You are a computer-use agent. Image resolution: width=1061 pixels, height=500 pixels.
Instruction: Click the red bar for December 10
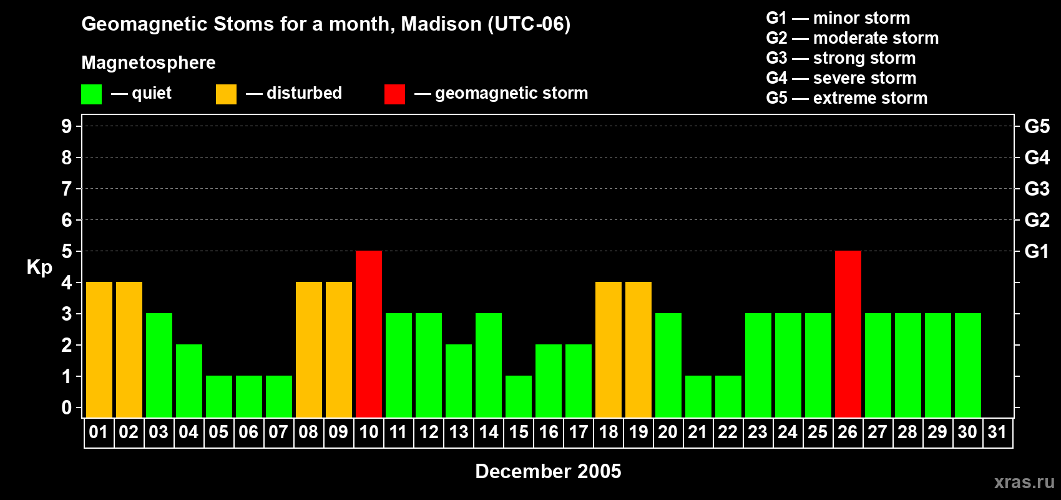pos(368,334)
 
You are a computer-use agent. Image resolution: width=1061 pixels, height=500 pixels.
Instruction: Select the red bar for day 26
pos(848,334)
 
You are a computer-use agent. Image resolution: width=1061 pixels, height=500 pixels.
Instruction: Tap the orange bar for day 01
pos(99,349)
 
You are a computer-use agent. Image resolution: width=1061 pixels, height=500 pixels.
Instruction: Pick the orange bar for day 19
pos(638,349)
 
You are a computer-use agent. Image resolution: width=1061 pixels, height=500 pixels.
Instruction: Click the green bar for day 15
pos(518,397)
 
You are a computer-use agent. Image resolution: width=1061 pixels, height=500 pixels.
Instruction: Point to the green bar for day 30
pos(967,365)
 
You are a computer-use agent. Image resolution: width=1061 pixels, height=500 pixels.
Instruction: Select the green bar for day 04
pos(189,381)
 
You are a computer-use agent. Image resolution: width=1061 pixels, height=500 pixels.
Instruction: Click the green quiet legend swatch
pos(91,94)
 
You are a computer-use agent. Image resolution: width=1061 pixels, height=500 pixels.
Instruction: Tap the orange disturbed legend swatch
pos(226,94)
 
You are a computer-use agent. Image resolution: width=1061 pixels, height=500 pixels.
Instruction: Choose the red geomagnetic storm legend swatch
pos(394,94)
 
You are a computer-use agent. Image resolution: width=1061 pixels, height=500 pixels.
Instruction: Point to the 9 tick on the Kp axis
pos(66,126)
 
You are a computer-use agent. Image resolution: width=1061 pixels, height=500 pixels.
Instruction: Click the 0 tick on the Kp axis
pos(66,407)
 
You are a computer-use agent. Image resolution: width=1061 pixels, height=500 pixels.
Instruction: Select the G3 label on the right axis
pos(1037,189)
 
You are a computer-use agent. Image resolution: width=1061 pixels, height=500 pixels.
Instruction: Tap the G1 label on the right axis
pos(1037,251)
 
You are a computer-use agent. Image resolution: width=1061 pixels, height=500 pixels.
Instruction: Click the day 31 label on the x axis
pos(997,432)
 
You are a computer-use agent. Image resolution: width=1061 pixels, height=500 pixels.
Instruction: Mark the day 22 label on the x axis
pos(728,432)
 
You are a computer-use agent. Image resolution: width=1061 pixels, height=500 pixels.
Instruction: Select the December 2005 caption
pos(548,471)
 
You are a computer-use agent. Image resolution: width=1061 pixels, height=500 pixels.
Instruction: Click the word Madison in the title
pos(441,24)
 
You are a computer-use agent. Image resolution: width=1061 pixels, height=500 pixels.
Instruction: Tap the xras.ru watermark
pos(1024,482)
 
